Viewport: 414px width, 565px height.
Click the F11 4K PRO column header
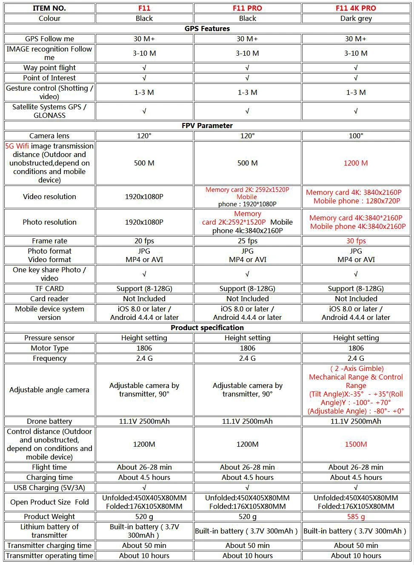tap(356, 8)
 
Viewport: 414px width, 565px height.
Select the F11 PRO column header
tap(247, 8)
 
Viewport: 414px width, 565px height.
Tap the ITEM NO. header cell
tap(49, 8)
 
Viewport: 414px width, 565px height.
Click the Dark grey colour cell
tap(356, 18)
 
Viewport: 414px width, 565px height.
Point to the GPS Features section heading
tap(207, 29)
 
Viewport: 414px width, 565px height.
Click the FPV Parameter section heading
tap(207, 126)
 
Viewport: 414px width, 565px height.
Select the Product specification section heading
tap(207, 328)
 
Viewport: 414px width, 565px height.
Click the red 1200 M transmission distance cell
tap(356, 163)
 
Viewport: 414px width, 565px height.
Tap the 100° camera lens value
tap(356, 136)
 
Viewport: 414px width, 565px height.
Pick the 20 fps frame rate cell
tap(144, 241)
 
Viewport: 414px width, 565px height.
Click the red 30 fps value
tap(356, 241)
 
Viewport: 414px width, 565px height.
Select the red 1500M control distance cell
tap(356, 444)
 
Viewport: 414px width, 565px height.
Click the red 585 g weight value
tap(356, 516)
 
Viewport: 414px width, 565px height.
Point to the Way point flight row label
tap(49, 68)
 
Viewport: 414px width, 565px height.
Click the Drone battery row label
tap(49, 421)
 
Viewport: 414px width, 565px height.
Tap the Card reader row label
tap(49, 299)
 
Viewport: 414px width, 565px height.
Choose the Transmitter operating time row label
tap(49, 556)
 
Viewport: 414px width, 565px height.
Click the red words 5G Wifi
tap(17, 146)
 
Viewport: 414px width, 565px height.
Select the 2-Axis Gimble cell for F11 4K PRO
tap(356, 390)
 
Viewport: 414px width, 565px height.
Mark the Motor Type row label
tap(49, 348)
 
